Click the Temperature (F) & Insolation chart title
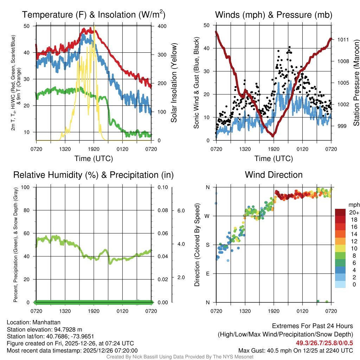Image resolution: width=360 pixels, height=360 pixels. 94,15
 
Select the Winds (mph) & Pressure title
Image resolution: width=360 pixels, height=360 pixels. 274,15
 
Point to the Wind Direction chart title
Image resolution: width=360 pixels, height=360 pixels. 274,175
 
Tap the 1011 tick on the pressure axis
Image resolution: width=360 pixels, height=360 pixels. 343,39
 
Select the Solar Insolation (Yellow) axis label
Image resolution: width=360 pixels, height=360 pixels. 174,83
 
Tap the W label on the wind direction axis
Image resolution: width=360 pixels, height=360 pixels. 208,216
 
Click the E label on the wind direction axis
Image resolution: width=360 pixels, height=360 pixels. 208,274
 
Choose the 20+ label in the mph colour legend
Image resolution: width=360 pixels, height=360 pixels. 354,212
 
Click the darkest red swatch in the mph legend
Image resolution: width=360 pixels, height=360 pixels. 340,212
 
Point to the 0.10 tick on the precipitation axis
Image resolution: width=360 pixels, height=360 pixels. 162,187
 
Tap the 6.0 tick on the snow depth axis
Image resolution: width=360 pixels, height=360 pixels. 181,210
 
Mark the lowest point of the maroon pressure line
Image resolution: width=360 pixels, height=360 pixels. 273,136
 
